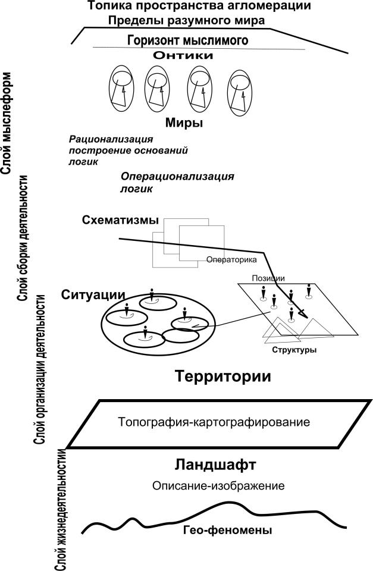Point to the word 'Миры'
[184, 124]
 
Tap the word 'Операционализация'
[177, 177]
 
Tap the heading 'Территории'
[223, 376]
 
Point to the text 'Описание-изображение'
[219, 486]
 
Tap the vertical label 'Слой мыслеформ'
[8, 123]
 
